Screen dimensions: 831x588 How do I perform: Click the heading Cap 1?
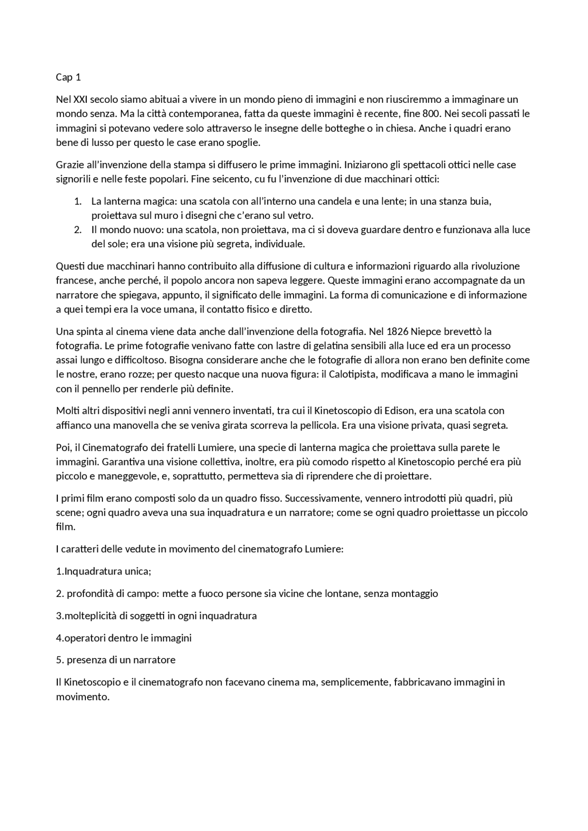pos(68,77)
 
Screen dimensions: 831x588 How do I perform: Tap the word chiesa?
pos(401,128)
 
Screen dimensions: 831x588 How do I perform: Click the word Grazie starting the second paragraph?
pos(69,164)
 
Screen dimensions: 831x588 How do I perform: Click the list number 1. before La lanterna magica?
pos(78,201)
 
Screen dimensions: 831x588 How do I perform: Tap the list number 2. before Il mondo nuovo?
pos(78,229)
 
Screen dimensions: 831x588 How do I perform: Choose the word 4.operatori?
pos(80,638)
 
